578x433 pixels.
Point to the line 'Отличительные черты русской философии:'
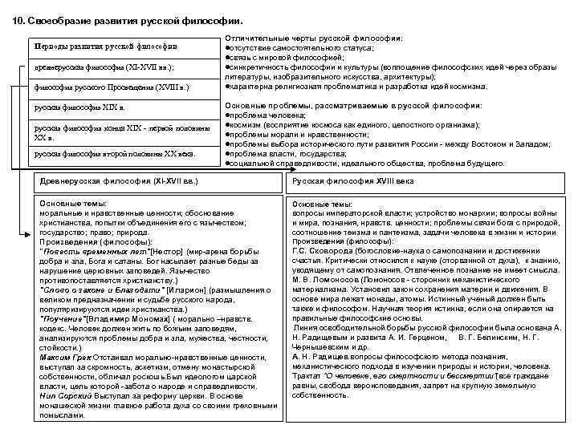coord(314,38)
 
